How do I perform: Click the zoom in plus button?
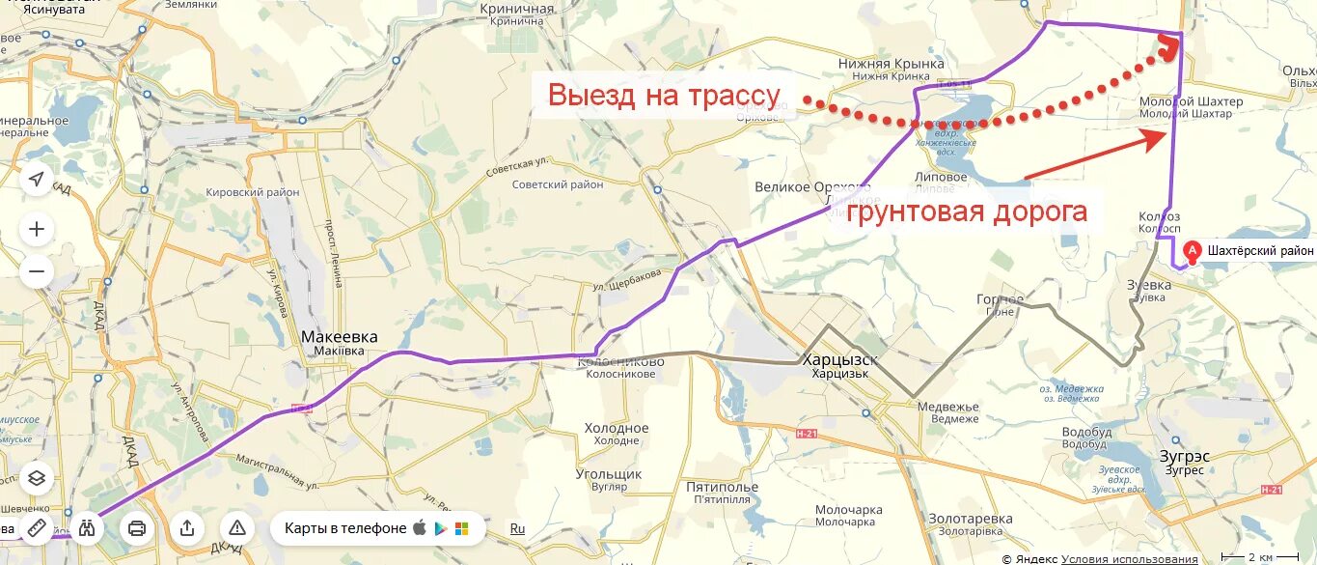pyautogui.click(x=37, y=229)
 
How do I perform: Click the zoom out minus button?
pyautogui.click(x=37, y=271)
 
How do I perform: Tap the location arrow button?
pyautogui.click(x=37, y=180)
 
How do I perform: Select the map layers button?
pyautogui.click(x=37, y=477)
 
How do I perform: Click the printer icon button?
pyautogui.click(x=137, y=528)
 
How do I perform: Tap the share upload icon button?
pyautogui.click(x=187, y=528)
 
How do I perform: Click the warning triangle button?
pyautogui.click(x=237, y=528)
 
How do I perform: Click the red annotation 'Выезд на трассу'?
pyautogui.click(x=664, y=96)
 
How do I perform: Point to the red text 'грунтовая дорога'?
pyautogui.click(x=967, y=212)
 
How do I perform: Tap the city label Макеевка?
pyautogui.click(x=340, y=337)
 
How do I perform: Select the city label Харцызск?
pyautogui.click(x=840, y=360)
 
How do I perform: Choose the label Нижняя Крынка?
pyautogui.click(x=891, y=64)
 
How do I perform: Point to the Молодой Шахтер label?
pyautogui.click(x=1191, y=101)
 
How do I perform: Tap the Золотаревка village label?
pyautogui.click(x=970, y=519)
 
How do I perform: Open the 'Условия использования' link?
pyautogui.click(x=1129, y=558)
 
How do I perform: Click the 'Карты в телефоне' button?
pyautogui.click(x=344, y=528)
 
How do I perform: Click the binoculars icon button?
pyautogui.click(x=88, y=528)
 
